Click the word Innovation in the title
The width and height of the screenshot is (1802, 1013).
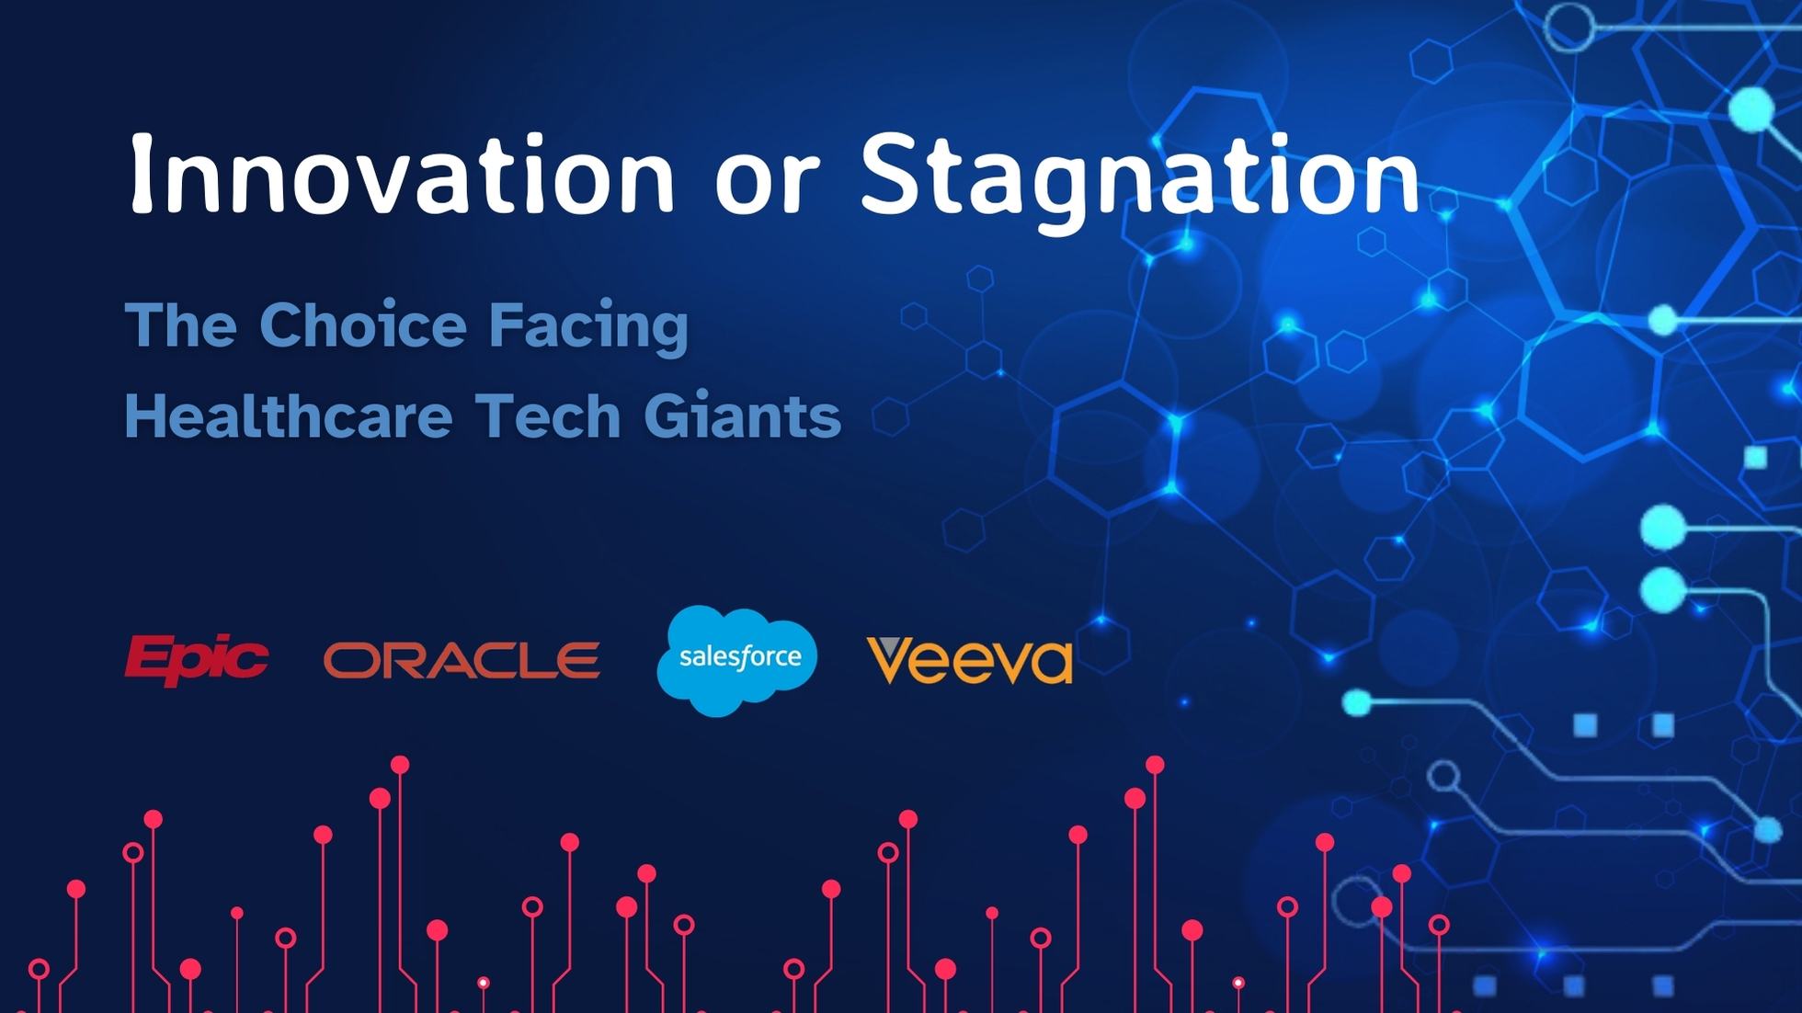tap(403, 174)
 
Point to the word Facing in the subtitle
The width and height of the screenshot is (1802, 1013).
tap(588, 328)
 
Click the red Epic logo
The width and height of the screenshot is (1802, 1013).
tap(196, 659)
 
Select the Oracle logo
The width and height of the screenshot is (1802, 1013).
tap(462, 660)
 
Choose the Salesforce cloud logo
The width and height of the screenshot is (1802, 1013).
tap(737, 660)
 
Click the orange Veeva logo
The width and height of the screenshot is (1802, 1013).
tap(970, 659)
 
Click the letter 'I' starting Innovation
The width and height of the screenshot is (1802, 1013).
tap(141, 174)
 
